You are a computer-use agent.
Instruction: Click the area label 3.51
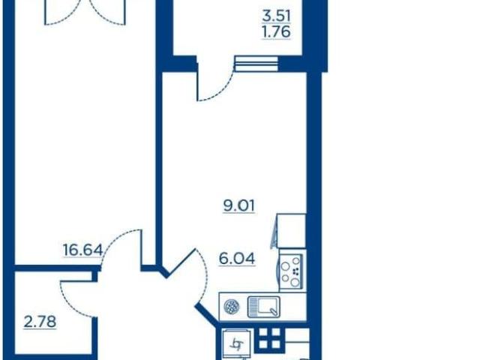pos(276,16)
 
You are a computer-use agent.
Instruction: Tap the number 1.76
pos(276,31)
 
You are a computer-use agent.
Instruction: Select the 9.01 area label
pos(238,206)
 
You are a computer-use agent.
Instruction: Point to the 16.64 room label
pos(82,250)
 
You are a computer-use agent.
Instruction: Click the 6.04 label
pos(237,259)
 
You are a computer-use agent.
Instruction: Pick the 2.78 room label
pos(40,322)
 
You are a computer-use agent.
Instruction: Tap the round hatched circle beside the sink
pos(232,307)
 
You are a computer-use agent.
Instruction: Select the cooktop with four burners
pos(291,271)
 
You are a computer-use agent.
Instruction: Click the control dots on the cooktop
pos(295,271)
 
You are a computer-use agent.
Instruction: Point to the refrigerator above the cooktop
pos(291,231)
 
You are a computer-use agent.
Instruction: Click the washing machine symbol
pos(237,343)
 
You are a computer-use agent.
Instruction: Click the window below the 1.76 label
pos(256,64)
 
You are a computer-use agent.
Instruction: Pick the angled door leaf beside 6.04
pos(180,263)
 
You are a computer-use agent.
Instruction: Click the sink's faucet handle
pos(273,312)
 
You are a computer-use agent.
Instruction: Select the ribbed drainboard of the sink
pos(253,307)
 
